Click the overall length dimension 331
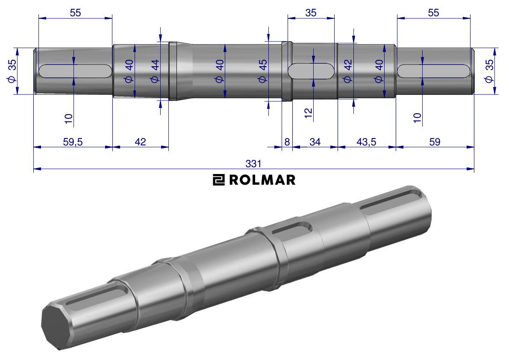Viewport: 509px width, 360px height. pos(253,164)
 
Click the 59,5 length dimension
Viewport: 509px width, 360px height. pos(73,142)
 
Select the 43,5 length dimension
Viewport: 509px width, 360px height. pos(366,142)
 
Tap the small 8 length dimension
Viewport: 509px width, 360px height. pos(287,142)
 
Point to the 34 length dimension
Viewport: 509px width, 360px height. pos(315,142)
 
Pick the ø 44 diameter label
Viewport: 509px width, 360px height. pos(155,71)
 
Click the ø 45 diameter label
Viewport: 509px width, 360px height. pos(262,71)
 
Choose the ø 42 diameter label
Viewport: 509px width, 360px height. pos(347,71)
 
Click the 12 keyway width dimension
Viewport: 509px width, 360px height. pos(309,113)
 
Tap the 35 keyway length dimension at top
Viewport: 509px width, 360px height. pos(311,13)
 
